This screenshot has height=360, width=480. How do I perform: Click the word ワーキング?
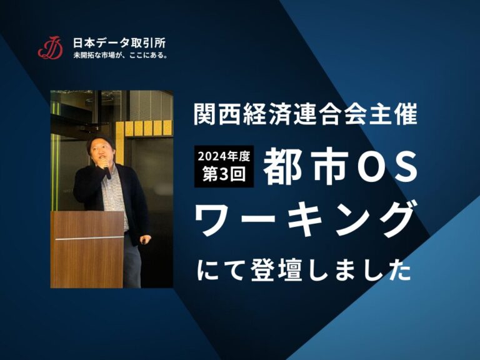point(306,220)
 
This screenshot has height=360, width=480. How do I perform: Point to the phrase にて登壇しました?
point(304,271)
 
